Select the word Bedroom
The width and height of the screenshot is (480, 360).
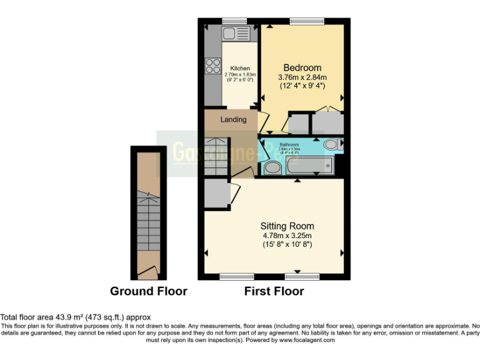click(x=302, y=67)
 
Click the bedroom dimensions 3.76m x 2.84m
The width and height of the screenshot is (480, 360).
click(x=302, y=77)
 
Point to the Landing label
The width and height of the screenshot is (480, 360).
click(x=233, y=119)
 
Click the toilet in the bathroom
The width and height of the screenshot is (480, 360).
click(x=331, y=144)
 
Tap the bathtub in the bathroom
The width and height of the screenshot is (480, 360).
click(x=309, y=166)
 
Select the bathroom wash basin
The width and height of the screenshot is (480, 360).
click(x=272, y=167)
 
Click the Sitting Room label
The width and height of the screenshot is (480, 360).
click(x=287, y=226)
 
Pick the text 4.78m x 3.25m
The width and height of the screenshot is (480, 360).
click(x=287, y=236)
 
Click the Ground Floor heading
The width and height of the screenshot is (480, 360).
click(x=149, y=291)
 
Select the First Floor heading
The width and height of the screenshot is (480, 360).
click(x=274, y=291)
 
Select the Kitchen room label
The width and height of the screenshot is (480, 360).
click(x=240, y=69)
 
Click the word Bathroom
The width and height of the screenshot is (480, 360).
click(x=290, y=145)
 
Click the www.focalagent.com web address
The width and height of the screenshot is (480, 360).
click(x=307, y=341)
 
